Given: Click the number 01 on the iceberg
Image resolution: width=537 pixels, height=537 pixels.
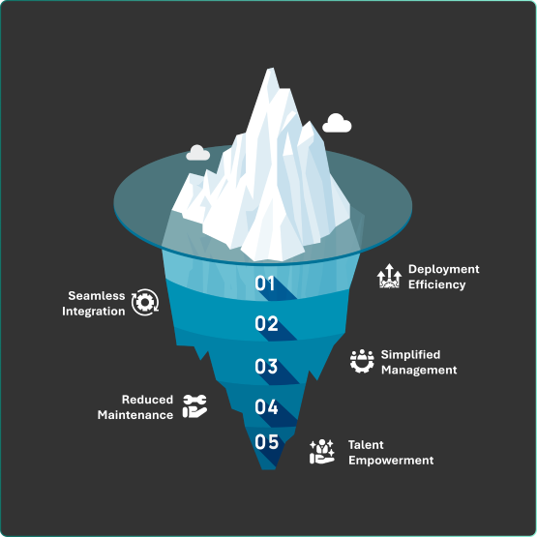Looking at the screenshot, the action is coord(264,283).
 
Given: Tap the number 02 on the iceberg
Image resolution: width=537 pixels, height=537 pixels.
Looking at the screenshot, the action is coord(266,323).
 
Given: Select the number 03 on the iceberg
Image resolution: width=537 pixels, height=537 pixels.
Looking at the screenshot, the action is coord(266,366).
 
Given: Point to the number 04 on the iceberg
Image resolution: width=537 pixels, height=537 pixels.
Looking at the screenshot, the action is coord(266,406).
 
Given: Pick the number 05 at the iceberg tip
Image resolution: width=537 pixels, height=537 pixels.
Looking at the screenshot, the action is coord(266,441).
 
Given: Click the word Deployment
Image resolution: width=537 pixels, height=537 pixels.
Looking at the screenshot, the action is coord(443,270).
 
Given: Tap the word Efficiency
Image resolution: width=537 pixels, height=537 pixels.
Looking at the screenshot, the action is coord(436,284).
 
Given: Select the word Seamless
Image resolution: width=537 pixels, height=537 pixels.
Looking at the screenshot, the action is coord(97,295).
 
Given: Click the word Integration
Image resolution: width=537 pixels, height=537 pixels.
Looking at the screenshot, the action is coord(94,312).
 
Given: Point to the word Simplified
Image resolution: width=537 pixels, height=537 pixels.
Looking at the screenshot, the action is coord(410,355).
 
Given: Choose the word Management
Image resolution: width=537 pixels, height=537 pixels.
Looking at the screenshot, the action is coord(419,371).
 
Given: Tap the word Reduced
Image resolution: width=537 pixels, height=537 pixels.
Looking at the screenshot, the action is coord(148,400).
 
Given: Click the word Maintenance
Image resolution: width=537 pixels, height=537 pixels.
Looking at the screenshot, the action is coord(135,415).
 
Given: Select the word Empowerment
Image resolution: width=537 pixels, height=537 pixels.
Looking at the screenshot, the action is coord(391,461).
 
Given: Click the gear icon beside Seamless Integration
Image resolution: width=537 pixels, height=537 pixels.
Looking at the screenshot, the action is coord(145,302).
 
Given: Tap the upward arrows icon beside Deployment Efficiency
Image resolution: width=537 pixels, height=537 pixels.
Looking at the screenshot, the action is coord(389,276).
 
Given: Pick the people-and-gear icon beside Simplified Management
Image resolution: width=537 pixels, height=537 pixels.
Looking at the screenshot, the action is coord(362,361).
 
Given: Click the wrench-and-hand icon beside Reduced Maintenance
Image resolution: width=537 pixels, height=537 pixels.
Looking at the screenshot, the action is coord(194,406).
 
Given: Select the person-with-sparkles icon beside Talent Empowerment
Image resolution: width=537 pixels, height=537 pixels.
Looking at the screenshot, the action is coord(322,452).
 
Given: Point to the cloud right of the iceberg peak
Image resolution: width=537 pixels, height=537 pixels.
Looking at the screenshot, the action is coord(337,123).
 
